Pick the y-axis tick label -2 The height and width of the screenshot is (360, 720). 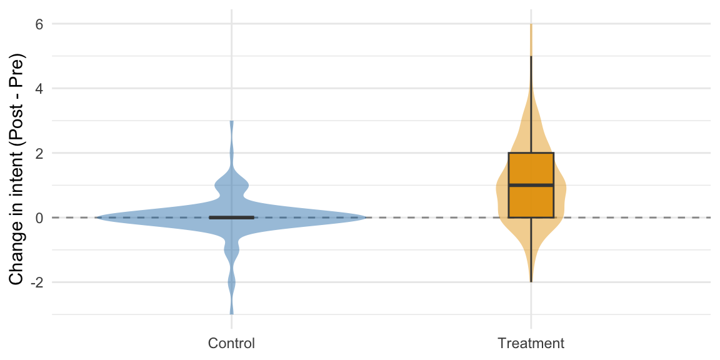click(36, 282)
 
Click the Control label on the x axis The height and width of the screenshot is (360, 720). click(231, 343)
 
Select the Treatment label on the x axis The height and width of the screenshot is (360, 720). click(531, 343)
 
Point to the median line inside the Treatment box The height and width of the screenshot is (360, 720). click(531, 185)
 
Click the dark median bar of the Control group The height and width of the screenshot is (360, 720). click(231, 217)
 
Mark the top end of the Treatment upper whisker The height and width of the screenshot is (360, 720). click(531, 56)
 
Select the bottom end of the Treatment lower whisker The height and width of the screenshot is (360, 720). click(531, 282)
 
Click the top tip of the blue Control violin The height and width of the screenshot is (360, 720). click(231, 121)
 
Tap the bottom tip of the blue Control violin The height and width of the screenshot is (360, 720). click(231, 314)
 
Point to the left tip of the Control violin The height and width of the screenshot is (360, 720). click(96, 217)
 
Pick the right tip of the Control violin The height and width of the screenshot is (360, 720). click(366, 217)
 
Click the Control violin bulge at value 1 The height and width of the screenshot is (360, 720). click(231, 186)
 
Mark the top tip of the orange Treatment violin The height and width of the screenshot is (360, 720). click(531, 24)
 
